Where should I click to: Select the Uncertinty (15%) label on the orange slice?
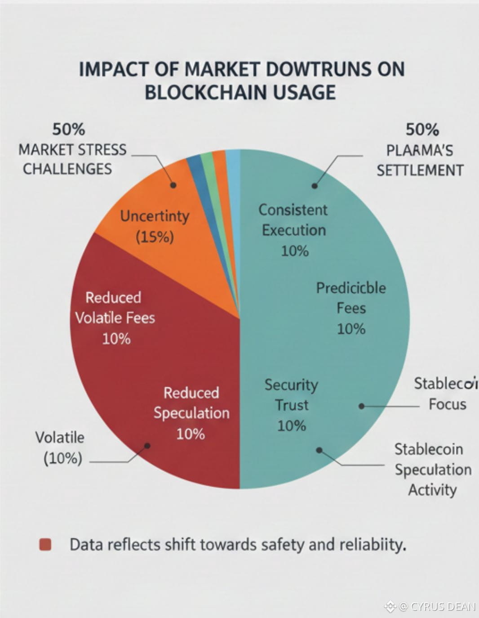click(155, 226)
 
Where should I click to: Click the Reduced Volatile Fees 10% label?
click(115, 318)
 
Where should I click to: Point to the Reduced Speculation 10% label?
click(191, 413)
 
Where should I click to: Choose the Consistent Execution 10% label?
click(294, 230)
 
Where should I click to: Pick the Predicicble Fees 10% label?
click(351, 308)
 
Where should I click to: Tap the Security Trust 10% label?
click(291, 405)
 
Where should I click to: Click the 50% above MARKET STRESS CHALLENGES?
click(68, 130)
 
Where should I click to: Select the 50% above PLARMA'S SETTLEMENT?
click(422, 130)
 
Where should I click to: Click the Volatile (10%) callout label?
click(60, 448)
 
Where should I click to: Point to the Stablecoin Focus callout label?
click(445, 394)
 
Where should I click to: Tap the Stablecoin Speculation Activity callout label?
click(433, 469)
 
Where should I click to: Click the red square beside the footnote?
click(45, 545)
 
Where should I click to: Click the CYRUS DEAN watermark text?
click(442, 607)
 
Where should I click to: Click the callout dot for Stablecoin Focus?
click(361, 406)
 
